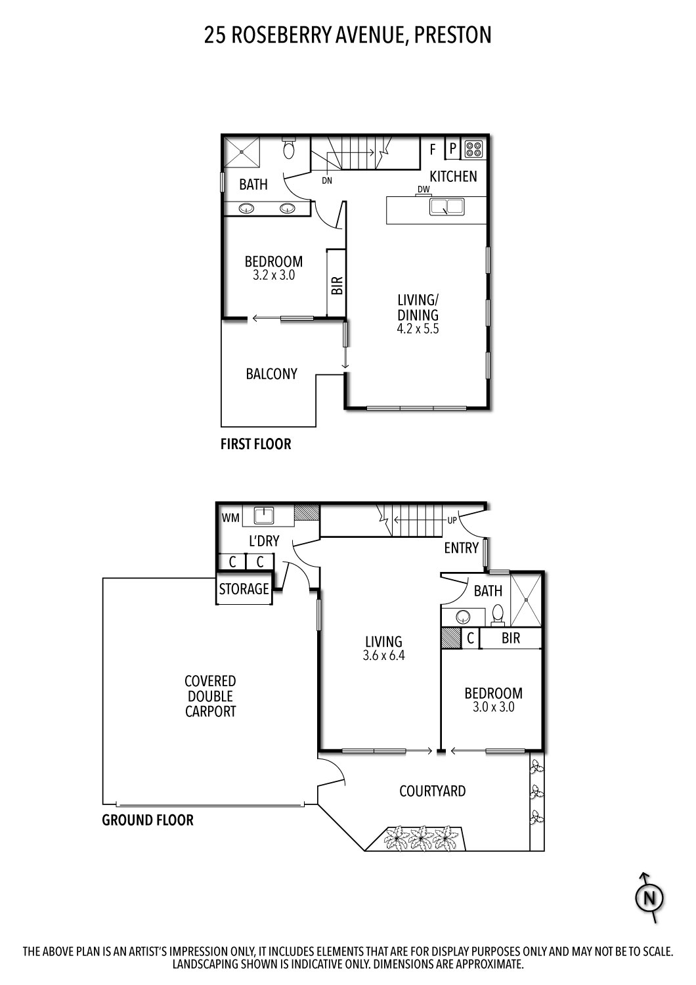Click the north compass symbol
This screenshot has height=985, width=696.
pos(649,898)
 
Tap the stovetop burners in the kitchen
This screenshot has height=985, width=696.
pos(473,148)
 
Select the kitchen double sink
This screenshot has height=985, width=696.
pos(446,207)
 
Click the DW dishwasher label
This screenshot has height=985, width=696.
pos(424,190)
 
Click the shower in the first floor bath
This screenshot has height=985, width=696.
pos(242,152)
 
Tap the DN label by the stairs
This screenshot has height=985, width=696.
pos(327,181)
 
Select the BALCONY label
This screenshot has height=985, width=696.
pos(271,374)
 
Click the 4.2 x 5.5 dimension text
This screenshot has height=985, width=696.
pos(418,329)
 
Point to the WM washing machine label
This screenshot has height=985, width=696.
pos(230,517)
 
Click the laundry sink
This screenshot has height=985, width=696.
pos(264,515)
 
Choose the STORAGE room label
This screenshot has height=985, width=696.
pos(244,589)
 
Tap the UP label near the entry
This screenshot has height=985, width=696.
pos(452,520)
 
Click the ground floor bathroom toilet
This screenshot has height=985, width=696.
pos(497,614)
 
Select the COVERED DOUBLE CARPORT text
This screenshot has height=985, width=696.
pos(210,696)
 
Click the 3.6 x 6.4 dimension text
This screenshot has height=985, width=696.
pos(384,655)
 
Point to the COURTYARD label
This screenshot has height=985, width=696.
pos(432,791)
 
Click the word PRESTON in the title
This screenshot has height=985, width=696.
pos(453,35)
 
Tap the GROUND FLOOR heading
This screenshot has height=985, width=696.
pos(148,820)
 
